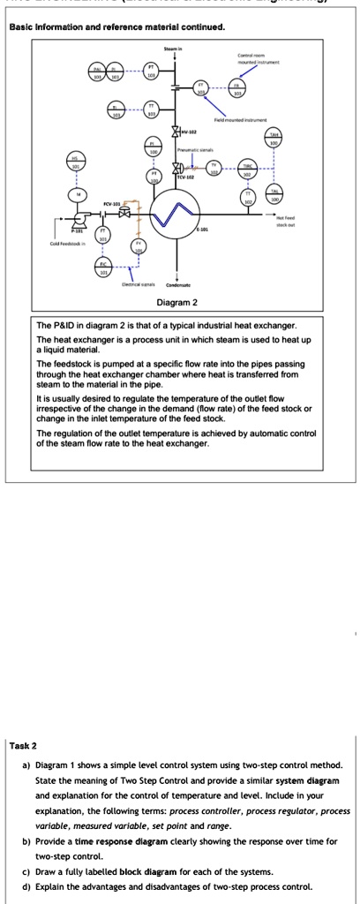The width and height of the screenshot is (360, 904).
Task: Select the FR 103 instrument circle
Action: (x=236, y=88)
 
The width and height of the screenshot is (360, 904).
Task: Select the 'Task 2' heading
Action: (x=23, y=746)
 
